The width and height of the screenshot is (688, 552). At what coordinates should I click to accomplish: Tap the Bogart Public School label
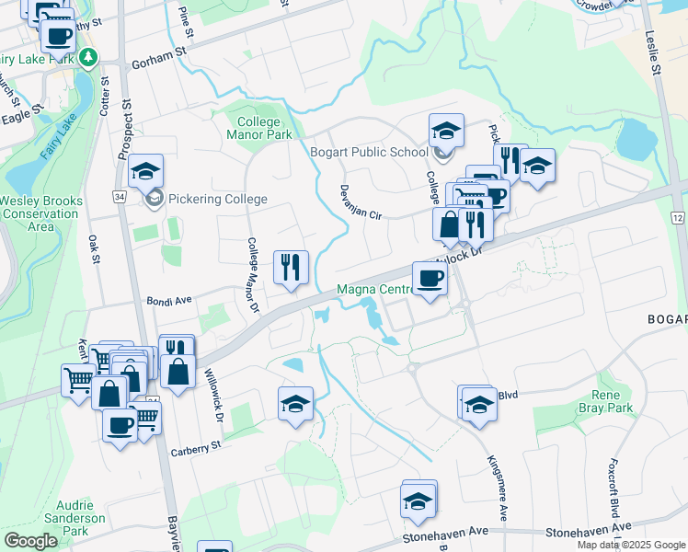(369, 153)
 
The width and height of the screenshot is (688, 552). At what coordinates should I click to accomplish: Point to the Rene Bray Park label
(604, 401)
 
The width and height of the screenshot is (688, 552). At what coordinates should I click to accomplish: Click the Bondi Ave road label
(168, 301)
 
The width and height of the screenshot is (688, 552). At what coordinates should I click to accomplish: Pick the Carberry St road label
(197, 448)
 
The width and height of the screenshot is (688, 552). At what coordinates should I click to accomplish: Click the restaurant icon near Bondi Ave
(292, 268)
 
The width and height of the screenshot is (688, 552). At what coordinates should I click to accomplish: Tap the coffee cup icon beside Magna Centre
(430, 279)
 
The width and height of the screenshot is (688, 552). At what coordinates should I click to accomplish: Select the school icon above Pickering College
(145, 170)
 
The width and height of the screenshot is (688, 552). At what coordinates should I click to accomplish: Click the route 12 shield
(678, 216)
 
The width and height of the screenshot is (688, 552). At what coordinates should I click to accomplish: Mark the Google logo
(30, 541)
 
